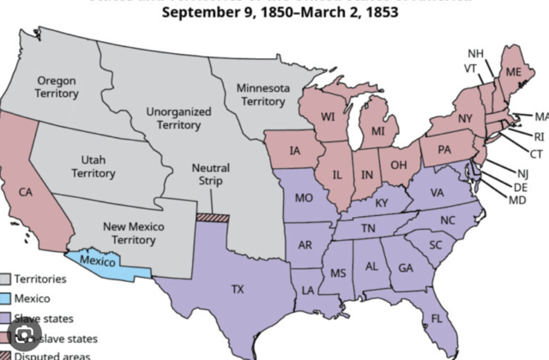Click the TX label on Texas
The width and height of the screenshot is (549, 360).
point(238,289)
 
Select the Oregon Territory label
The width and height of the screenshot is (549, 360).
point(57,87)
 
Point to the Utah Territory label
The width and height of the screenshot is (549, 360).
point(93,166)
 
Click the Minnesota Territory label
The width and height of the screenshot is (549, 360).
point(262,94)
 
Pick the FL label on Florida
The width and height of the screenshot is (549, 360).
point(437,318)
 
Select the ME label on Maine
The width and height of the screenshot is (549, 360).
point(514,72)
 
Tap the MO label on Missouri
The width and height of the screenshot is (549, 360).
point(304,197)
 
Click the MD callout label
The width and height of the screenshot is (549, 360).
point(516,200)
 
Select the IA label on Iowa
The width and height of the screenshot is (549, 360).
point(294,151)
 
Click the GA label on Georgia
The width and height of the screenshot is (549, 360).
point(405,267)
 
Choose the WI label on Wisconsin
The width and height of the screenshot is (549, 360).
point(328,117)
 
